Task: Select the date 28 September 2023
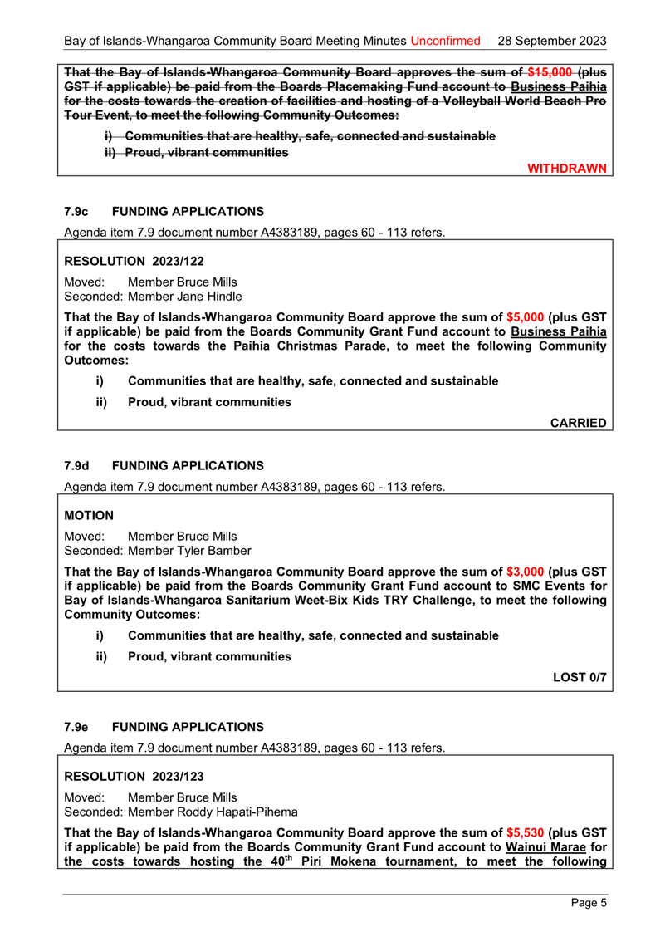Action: [x=550, y=40]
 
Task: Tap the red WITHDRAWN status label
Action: [x=568, y=169]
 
